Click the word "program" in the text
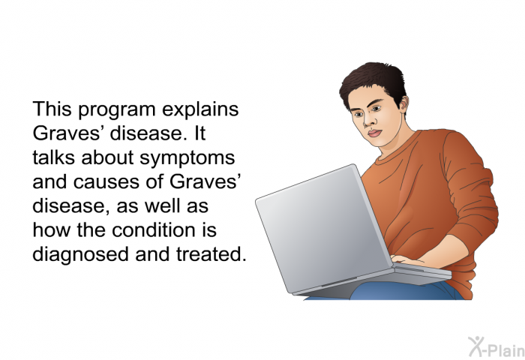click(117, 110)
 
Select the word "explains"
click(200, 109)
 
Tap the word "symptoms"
click(187, 158)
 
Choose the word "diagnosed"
click(81, 255)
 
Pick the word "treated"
click(211, 254)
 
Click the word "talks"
click(53, 157)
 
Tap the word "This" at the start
click(52, 109)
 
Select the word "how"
click(52, 230)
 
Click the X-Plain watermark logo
click(496, 346)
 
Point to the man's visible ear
click(403, 103)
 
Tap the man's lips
click(375, 133)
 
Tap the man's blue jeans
click(402, 291)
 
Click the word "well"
click(162, 206)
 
